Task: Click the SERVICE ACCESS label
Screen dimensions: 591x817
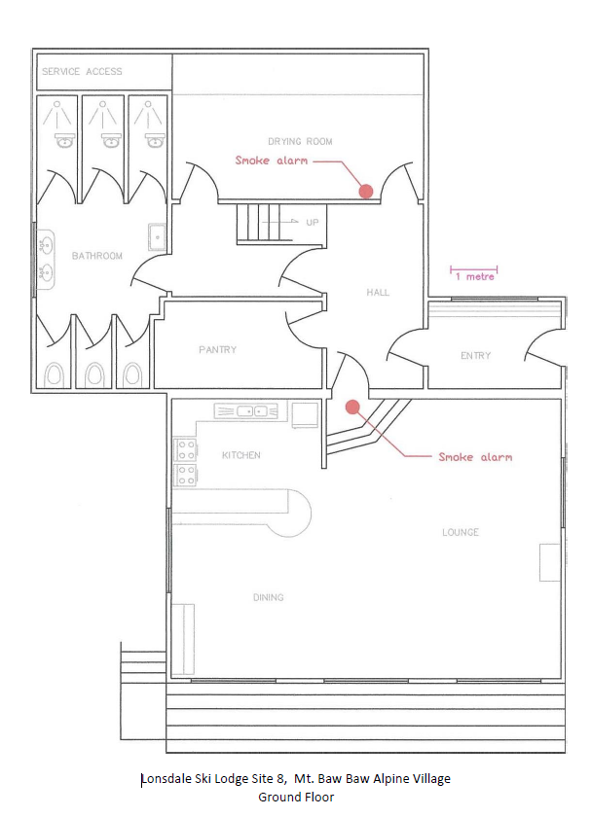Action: click(82, 71)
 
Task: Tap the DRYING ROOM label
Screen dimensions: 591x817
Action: click(300, 141)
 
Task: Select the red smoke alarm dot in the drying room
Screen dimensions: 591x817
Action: click(366, 192)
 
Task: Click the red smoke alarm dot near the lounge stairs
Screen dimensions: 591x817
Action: click(353, 407)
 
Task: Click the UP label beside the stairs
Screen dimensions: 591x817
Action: click(312, 223)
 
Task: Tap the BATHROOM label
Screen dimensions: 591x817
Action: click(97, 256)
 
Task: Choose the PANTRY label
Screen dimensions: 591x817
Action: click(217, 349)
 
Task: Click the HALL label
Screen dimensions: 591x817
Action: click(378, 293)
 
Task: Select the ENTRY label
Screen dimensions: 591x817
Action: click(475, 356)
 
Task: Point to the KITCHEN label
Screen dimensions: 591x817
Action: click(241, 455)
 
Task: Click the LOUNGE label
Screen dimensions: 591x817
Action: click(461, 532)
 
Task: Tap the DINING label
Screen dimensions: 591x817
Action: click(268, 597)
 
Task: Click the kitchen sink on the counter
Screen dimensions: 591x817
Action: click(246, 411)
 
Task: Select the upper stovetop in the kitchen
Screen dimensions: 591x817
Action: click(186, 449)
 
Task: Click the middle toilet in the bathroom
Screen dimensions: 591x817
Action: click(94, 374)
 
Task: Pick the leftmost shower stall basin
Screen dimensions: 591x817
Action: click(64, 140)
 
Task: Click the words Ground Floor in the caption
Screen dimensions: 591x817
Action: click(296, 797)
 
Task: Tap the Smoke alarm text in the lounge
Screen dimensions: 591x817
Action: click(475, 457)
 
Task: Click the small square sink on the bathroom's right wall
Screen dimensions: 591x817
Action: click(157, 237)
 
